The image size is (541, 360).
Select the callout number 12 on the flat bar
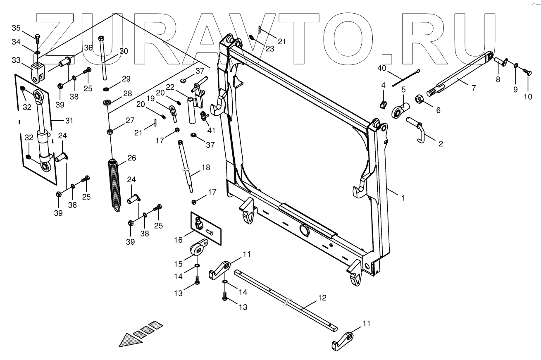[322, 298]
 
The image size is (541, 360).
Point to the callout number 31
[69, 121]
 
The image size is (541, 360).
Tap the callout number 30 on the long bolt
[124, 51]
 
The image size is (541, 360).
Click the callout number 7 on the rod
[474, 88]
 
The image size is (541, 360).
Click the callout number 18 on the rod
[205, 168]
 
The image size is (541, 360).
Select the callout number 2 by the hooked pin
[441, 144]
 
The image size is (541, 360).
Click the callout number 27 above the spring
[130, 121]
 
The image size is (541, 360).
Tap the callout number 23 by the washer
[269, 48]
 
